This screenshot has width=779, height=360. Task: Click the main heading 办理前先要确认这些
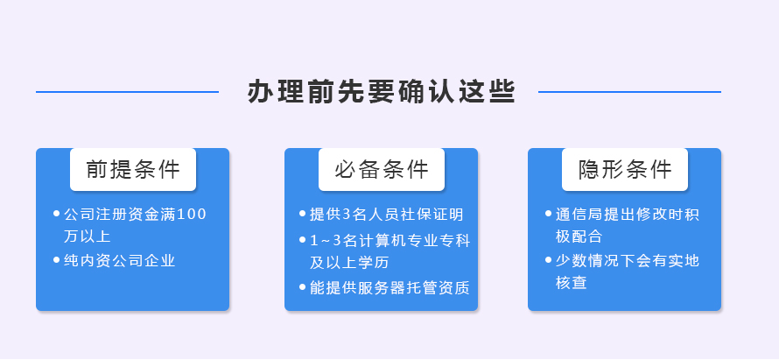point(382,91)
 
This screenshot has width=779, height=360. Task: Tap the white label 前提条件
point(133,170)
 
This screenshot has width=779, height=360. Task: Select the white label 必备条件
point(382,170)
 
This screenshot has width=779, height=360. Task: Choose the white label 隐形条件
point(625,170)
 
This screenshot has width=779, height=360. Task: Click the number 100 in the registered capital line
point(192,215)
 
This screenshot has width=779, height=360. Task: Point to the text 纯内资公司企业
point(120,260)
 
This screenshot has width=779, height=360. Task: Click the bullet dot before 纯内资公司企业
point(56,260)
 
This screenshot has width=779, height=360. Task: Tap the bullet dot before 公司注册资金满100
point(56,214)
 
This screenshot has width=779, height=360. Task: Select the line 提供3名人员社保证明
point(387,215)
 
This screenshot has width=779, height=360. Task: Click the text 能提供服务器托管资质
point(389,287)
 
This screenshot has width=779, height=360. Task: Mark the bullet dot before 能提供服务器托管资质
point(303,287)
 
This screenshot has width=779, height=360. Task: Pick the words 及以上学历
point(349,263)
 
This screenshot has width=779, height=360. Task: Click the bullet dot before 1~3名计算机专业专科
point(303,240)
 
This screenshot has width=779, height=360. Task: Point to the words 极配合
point(579,236)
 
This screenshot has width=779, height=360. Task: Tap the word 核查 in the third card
point(572,283)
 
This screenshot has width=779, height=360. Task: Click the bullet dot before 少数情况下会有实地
point(549,260)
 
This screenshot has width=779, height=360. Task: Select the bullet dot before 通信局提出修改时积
point(549,214)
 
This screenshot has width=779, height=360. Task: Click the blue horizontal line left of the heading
point(127,92)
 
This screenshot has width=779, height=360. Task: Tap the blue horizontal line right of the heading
point(629,92)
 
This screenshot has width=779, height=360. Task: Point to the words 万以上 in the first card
point(87,236)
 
